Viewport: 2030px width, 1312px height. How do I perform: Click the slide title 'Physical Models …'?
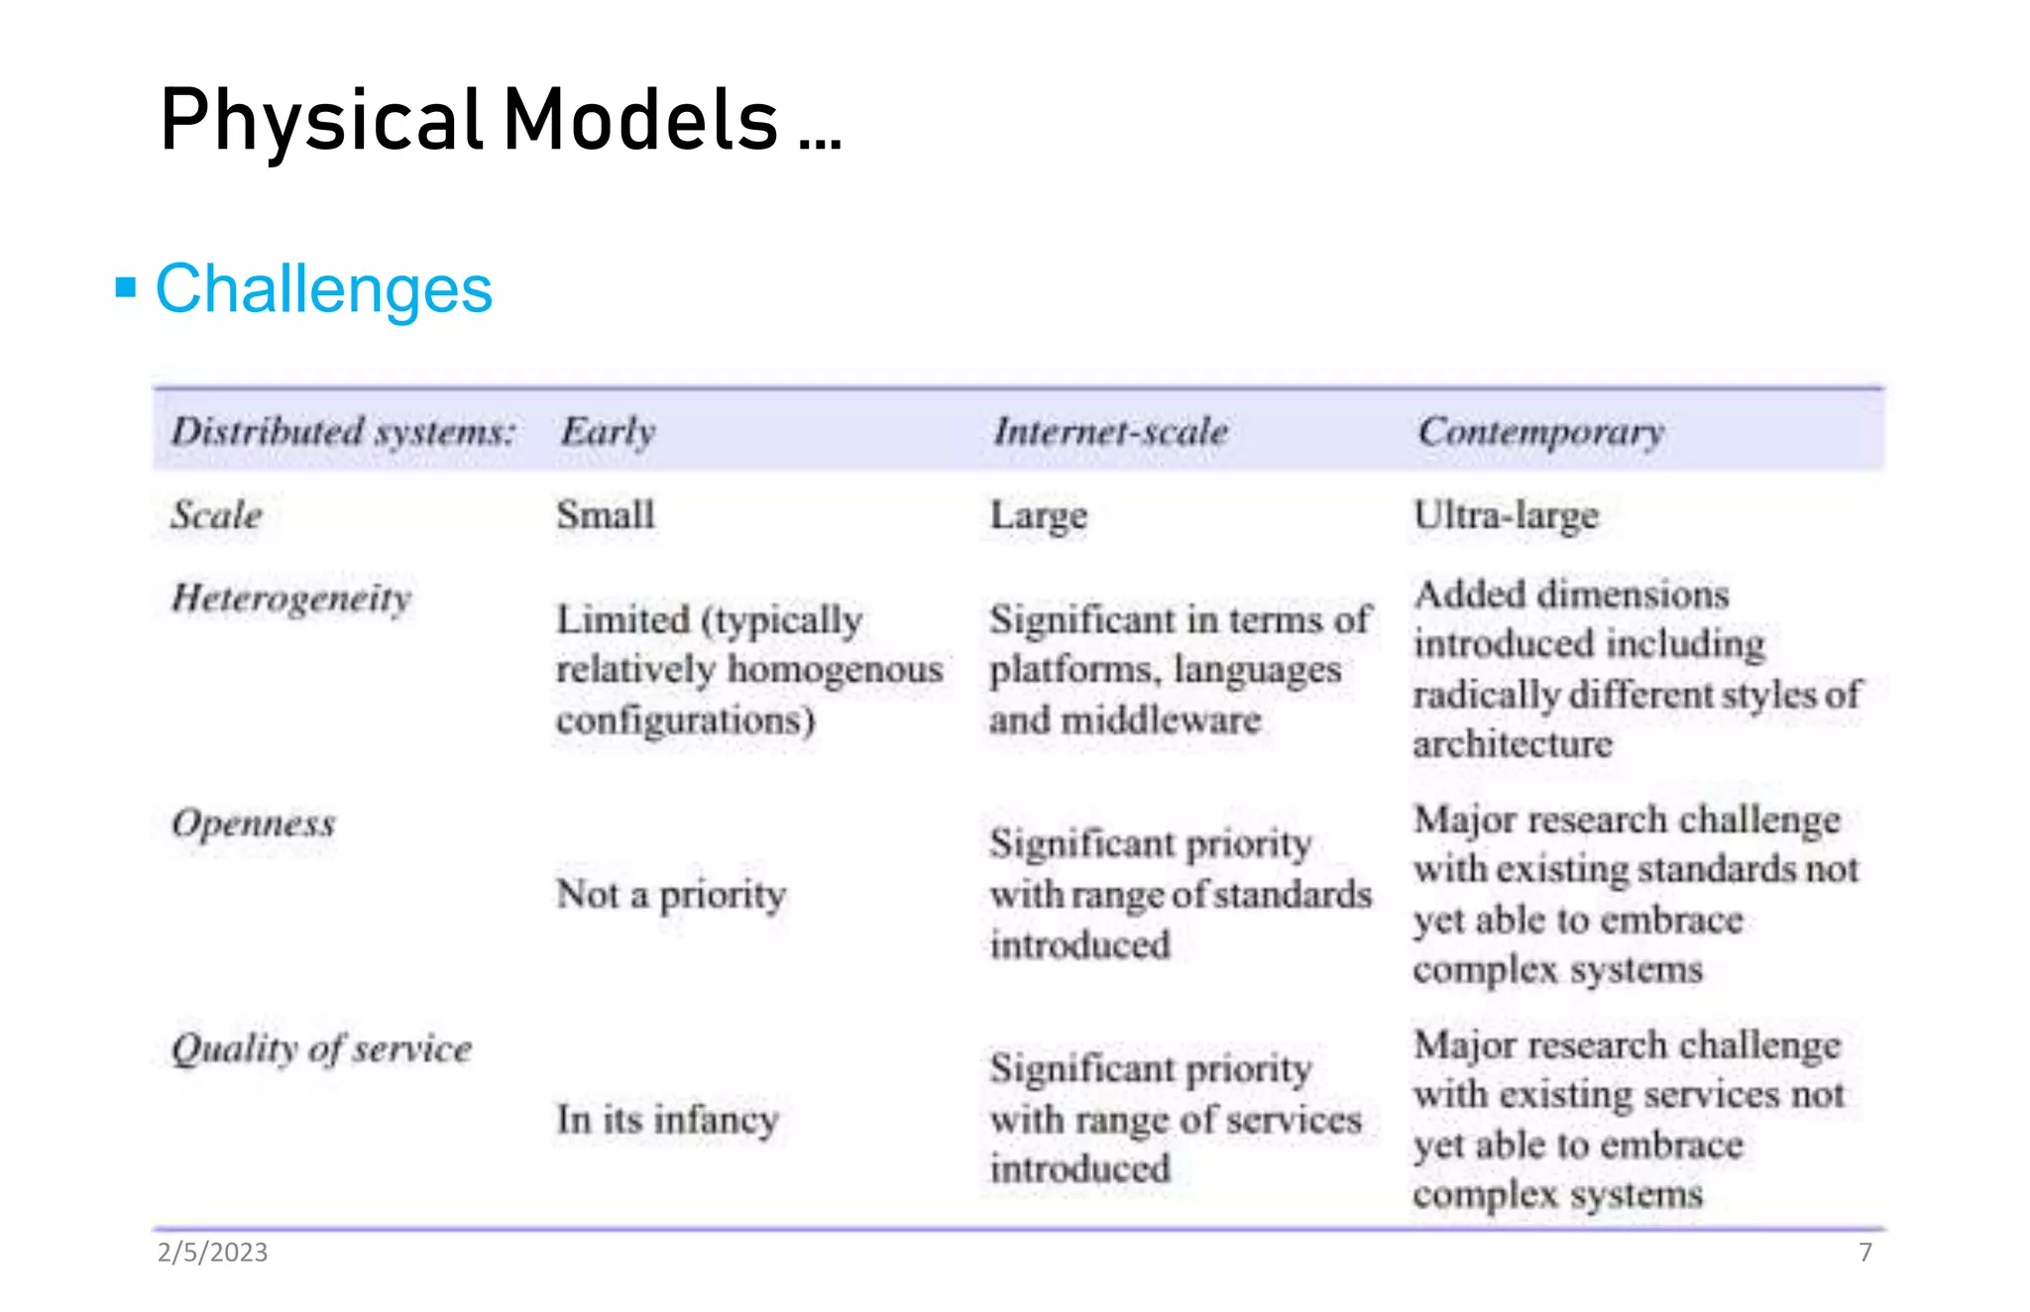pyautogui.click(x=501, y=120)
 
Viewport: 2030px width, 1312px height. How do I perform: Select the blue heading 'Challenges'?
pyautogui.click(x=323, y=289)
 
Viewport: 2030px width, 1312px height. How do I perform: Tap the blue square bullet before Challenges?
pyautogui.click(x=126, y=288)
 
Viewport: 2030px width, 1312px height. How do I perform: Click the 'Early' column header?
pyautogui.click(x=608, y=432)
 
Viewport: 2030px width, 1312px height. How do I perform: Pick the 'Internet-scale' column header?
pyautogui.click(x=1110, y=432)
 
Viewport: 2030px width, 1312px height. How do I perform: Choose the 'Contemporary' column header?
pyautogui.click(x=1540, y=432)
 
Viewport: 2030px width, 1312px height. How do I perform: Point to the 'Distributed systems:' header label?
pyautogui.click(x=343, y=432)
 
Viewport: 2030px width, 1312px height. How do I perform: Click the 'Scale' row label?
pyautogui.click(x=216, y=515)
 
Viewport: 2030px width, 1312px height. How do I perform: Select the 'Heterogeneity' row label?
pyautogui.click(x=291, y=599)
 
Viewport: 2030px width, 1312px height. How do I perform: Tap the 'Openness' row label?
pyautogui.click(x=254, y=823)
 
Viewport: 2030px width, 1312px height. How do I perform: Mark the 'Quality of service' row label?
pyautogui.click(x=321, y=1048)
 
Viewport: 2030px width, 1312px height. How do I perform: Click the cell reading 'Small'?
pyautogui.click(x=606, y=515)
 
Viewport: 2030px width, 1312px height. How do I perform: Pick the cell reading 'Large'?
pyautogui.click(x=1039, y=516)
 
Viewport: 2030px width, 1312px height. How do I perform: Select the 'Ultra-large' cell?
pyautogui.click(x=1506, y=516)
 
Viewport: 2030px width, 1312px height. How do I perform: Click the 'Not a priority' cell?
pyautogui.click(x=671, y=895)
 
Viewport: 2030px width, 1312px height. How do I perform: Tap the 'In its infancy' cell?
pyautogui.click(x=667, y=1120)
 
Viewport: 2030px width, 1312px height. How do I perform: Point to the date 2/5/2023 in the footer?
pyautogui.click(x=212, y=1253)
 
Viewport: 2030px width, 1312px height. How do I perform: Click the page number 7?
pyautogui.click(x=1865, y=1253)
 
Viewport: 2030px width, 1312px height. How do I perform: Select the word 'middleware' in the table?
pyautogui.click(x=1161, y=720)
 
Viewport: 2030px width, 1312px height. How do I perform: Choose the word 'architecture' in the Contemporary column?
pyautogui.click(x=1513, y=744)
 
